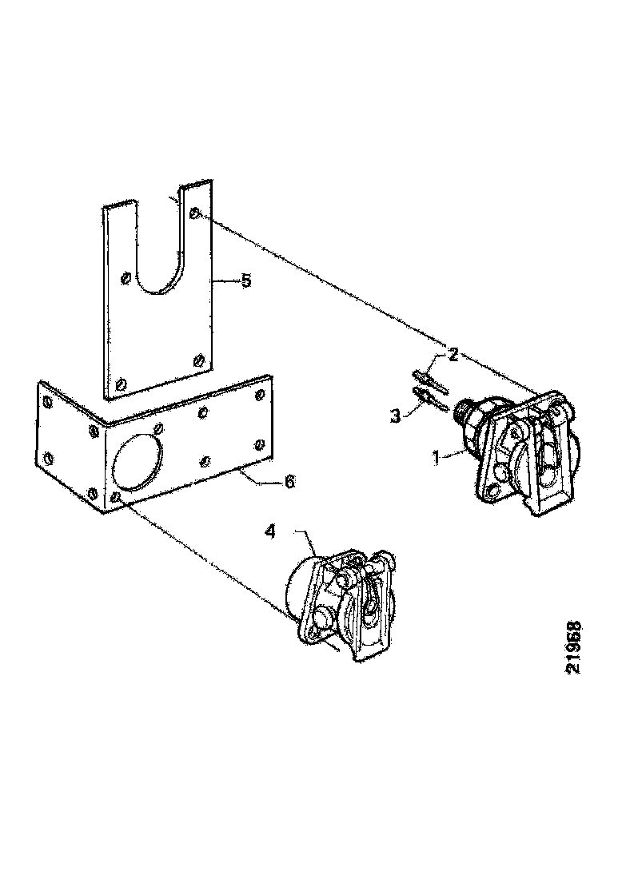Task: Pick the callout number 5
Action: [x=246, y=280]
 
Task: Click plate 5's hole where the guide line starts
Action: [x=195, y=213]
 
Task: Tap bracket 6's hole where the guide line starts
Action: [x=118, y=497]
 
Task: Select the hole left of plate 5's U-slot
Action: [x=125, y=278]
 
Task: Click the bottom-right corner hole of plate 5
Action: [x=197, y=360]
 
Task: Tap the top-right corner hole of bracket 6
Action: [x=258, y=394]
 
